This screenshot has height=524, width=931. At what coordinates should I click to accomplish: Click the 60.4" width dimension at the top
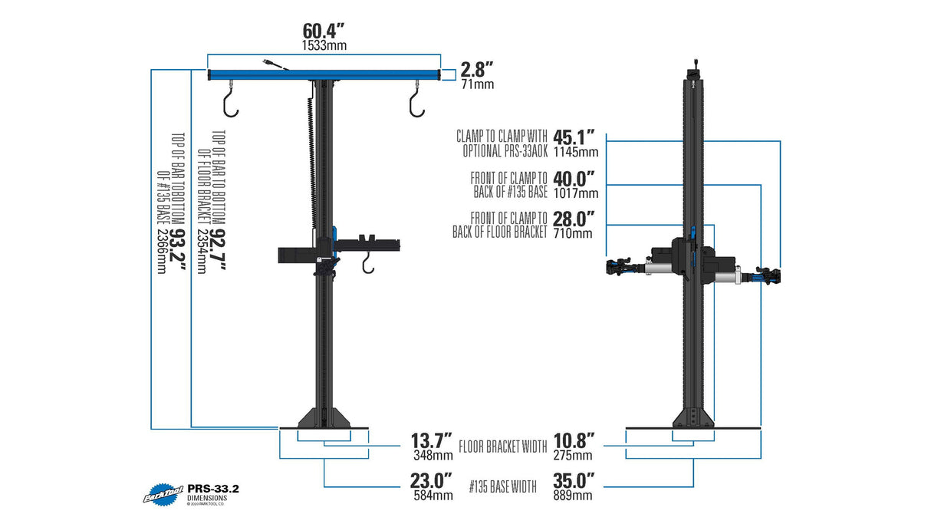324,31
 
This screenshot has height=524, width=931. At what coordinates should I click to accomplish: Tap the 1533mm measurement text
324,46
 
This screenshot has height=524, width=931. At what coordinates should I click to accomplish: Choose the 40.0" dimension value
574,179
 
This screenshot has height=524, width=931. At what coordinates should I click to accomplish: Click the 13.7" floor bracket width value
431,442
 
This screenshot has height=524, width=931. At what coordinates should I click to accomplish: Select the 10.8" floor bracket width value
573,442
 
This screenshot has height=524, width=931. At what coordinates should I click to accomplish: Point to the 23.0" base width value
432,481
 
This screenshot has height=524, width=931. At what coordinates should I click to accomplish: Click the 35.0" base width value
573,481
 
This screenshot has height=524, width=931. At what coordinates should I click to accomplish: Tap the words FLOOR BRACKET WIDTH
502,446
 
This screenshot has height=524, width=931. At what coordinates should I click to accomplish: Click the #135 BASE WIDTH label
502,485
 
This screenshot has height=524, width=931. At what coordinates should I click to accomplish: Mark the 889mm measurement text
573,496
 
